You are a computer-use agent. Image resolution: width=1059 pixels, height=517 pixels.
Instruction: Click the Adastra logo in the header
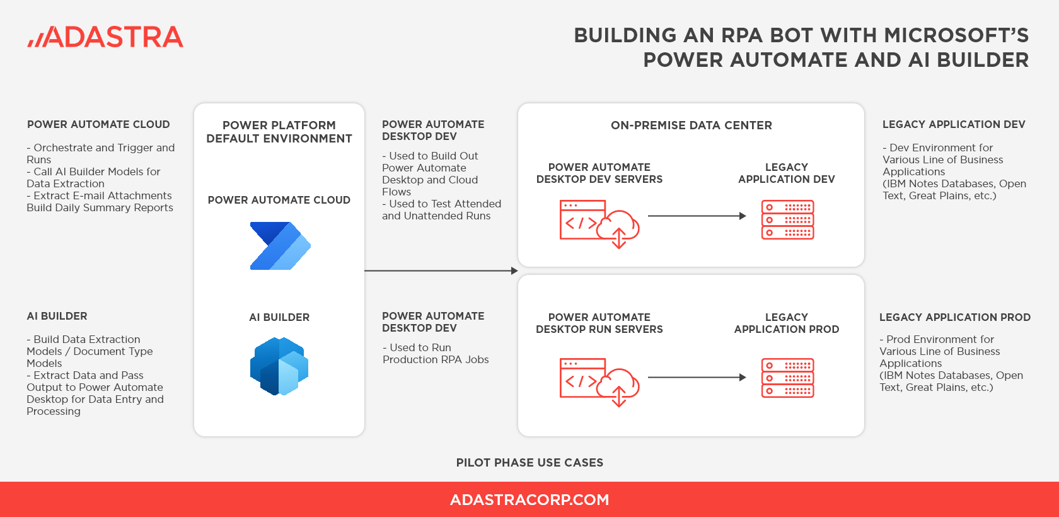click(105, 37)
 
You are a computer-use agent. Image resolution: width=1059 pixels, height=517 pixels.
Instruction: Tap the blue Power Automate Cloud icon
click(280, 246)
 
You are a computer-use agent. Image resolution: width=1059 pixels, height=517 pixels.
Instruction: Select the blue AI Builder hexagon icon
click(279, 366)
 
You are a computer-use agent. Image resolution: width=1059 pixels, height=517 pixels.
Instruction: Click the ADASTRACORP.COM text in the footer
click(529, 500)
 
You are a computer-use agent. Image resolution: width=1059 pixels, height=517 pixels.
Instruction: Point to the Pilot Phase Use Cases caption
click(529, 463)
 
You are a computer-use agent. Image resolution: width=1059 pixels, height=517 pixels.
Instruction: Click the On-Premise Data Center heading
click(691, 125)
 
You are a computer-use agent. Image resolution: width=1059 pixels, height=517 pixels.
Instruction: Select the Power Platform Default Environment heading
click(279, 132)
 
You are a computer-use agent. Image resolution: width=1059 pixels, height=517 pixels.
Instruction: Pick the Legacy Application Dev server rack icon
click(787, 220)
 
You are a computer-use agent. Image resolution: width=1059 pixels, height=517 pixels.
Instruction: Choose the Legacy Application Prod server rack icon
click(787, 378)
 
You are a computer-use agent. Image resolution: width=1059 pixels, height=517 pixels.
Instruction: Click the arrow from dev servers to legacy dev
click(697, 216)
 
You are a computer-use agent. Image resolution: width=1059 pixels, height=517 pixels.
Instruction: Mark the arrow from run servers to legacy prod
click(697, 378)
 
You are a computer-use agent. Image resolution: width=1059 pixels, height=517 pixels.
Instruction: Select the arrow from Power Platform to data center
click(441, 271)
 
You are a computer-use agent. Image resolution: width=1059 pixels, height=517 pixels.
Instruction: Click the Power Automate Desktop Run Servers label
click(599, 323)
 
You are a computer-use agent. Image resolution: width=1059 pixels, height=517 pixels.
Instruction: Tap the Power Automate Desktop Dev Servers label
click(599, 173)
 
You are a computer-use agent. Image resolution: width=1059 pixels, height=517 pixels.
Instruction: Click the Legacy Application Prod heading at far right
click(954, 318)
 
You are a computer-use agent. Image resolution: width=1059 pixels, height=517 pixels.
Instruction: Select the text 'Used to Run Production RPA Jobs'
click(436, 354)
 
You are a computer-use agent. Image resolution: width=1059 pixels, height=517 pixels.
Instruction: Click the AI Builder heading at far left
click(57, 317)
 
